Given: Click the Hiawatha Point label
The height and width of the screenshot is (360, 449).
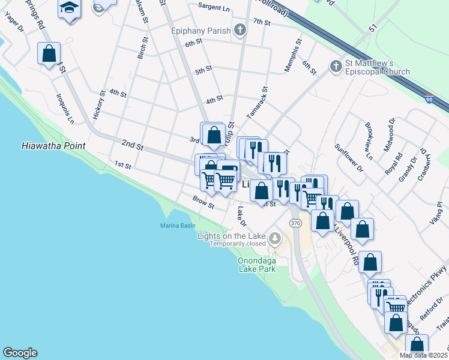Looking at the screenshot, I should click(53, 146).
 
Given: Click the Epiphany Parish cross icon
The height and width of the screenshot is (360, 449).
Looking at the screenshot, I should click(240, 30).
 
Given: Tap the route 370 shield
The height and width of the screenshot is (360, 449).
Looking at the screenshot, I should click(295, 223).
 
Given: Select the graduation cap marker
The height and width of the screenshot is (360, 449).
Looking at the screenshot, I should click(70, 9).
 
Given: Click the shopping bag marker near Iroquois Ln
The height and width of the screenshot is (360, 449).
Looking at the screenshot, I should click(49, 53).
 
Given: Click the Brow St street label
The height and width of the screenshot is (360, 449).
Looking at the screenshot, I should click(203, 203).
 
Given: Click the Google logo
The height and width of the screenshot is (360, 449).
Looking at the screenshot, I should click(20, 353).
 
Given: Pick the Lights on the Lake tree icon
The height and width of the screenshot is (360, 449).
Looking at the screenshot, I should click(275, 239).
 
